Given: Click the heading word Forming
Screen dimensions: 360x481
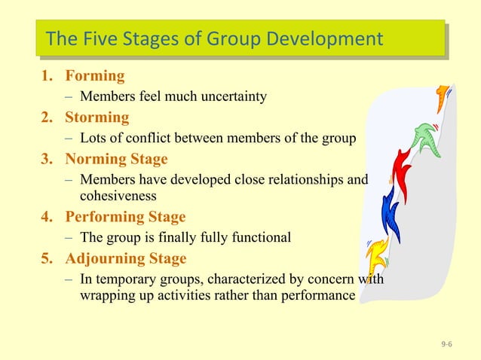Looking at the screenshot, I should click(95, 76).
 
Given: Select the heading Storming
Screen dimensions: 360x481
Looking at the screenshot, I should click(97, 117).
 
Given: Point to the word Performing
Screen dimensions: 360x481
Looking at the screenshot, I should click(104, 217).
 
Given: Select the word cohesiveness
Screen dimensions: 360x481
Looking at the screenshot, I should click(118, 196).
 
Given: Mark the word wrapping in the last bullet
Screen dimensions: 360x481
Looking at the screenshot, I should click(106, 294).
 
